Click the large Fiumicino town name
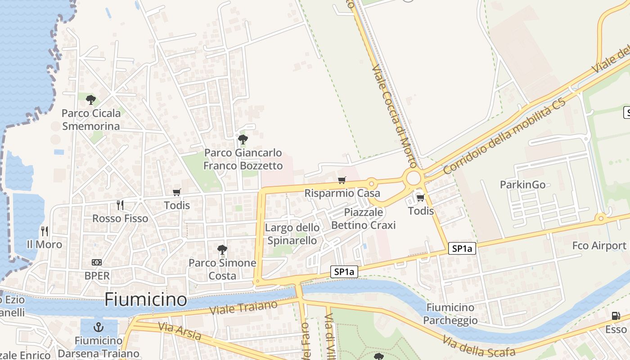coord(145,300)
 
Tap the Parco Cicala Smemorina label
coord(91,120)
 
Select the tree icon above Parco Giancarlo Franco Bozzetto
coord(243,139)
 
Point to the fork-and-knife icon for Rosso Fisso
coord(120,205)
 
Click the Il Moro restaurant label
coord(45,244)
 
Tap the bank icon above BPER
coord(97,262)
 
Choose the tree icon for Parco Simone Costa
coord(222,249)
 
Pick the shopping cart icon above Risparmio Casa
coord(342,180)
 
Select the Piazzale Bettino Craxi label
coord(363,218)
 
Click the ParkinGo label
coord(522,184)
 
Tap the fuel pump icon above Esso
coord(616,316)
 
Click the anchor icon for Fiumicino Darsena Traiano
coord(98,327)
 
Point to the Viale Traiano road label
coord(243,308)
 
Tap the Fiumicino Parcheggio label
coord(450,314)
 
